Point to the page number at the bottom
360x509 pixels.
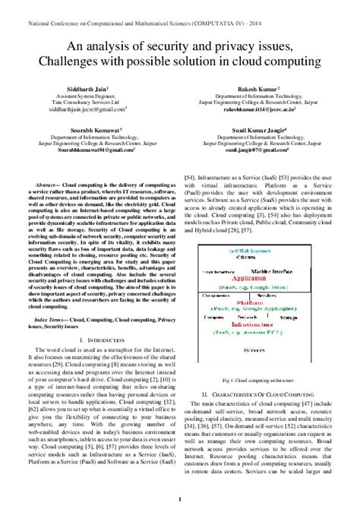[x=179, y=498]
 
